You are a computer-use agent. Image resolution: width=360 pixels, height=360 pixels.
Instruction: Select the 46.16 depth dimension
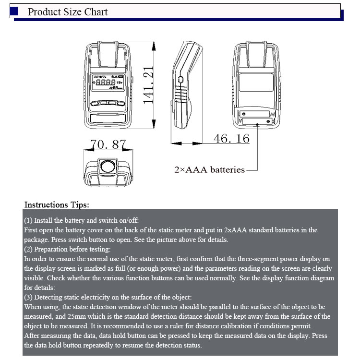coord(231,138)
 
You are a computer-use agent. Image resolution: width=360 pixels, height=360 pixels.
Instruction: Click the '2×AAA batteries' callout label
coord(209,169)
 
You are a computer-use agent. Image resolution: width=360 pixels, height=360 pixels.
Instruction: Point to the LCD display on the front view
coord(108,84)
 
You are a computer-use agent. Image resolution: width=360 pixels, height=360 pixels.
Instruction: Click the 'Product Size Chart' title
coord(68,12)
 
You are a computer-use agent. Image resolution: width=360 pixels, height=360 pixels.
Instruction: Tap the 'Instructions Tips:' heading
coord(57,205)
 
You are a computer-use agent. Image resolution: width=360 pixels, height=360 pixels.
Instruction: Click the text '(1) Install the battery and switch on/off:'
coord(82,220)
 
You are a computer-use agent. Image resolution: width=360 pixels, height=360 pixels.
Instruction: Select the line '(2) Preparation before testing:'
coord(67,249)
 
